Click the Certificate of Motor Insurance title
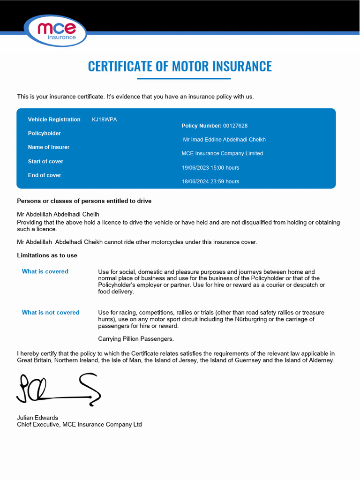click(x=180, y=66)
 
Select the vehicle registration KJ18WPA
click(x=105, y=120)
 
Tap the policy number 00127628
click(x=235, y=126)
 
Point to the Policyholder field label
click(x=45, y=134)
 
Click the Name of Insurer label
click(x=49, y=147)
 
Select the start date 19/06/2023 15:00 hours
click(x=210, y=168)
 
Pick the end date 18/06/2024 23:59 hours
click(x=210, y=181)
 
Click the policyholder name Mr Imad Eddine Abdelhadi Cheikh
click(x=225, y=140)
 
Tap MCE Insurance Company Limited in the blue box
click(x=222, y=153)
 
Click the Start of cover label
click(x=45, y=161)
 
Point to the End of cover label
click(x=45, y=175)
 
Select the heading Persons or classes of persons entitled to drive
click(x=84, y=201)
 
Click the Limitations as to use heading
click(x=47, y=255)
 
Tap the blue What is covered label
click(x=45, y=271)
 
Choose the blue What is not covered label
click(x=51, y=313)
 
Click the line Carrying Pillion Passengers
click(x=136, y=339)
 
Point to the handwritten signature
click(x=59, y=389)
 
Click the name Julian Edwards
click(x=37, y=418)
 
